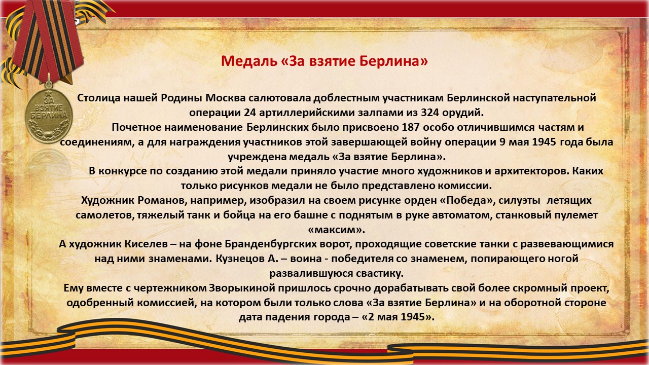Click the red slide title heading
point(324,61)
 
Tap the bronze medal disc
point(48,116)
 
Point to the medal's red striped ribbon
point(48,41)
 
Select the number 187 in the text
point(410,127)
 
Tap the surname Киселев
point(146,244)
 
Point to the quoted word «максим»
point(336,230)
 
